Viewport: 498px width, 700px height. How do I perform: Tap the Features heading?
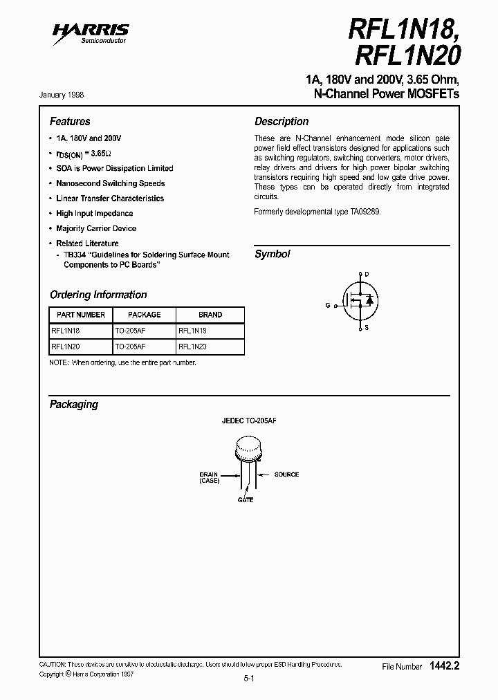point(70,121)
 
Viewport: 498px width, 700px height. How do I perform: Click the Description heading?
point(282,121)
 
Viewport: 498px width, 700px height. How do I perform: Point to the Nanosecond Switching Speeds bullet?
point(110,183)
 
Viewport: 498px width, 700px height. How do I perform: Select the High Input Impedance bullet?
point(94,214)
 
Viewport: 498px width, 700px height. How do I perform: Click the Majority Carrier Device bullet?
point(96,228)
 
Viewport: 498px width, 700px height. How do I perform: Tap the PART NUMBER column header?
point(78,315)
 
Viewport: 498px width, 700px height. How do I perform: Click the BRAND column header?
point(210,315)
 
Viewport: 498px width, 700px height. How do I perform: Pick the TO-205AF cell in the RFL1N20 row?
point(130,347)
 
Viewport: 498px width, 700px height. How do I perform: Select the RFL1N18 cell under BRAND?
point(192,331)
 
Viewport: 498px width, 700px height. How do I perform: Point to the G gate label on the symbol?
point(328,305)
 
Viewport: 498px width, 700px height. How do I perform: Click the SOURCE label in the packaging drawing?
point(286,475)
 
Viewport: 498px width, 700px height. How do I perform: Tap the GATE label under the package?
point(246,499)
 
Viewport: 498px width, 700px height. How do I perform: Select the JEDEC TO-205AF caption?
point(248,421)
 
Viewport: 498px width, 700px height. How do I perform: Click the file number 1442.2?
point(444,666)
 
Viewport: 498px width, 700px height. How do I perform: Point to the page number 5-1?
point(249,680)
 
